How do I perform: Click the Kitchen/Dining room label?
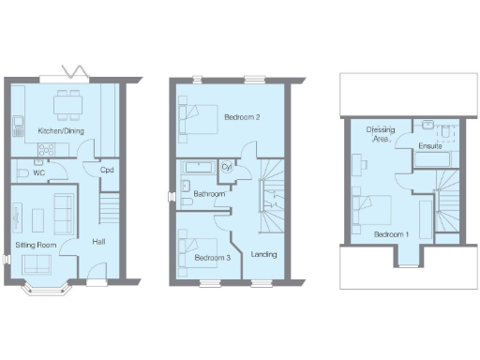pos(57,130)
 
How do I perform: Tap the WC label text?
pos(38,172)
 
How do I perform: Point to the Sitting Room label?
pos(37,245)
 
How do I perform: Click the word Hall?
pos(97,243)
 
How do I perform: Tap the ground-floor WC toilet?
pos(22,172)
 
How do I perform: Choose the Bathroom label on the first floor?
pos(209,193)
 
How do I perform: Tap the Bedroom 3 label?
pos(212,256)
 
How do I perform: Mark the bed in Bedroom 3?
pos(188,251)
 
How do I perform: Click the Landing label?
pos(264,253)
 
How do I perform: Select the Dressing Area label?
pos(380,134)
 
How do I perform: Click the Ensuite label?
pos(430,146)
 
